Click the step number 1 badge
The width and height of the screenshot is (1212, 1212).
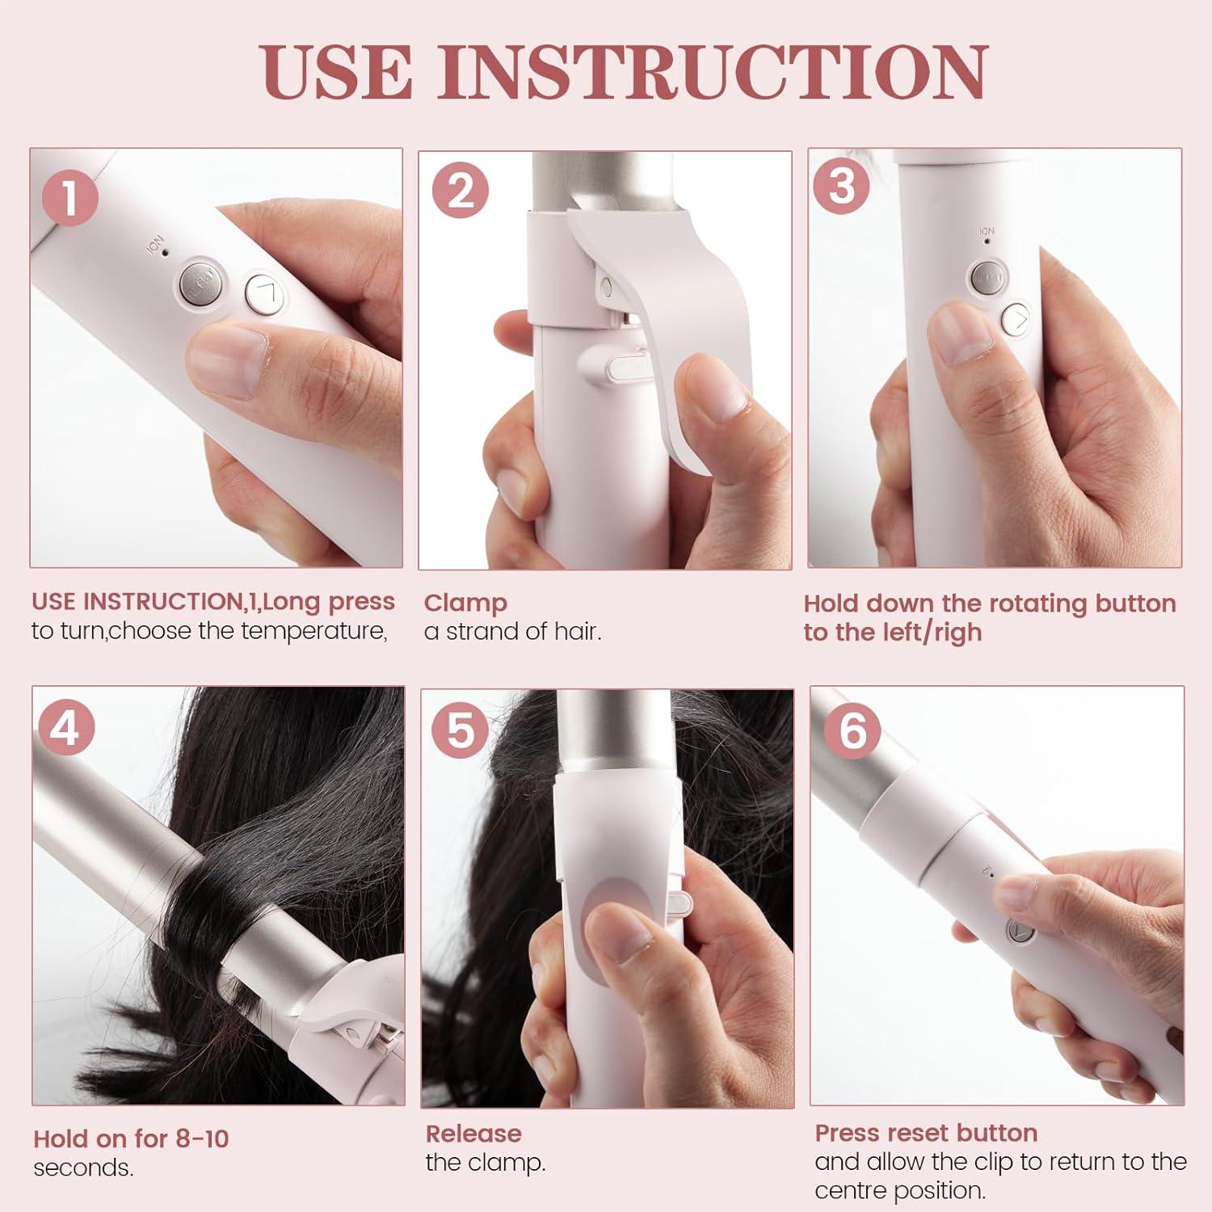tap(71, 197)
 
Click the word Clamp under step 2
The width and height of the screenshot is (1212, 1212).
tap(465, 604)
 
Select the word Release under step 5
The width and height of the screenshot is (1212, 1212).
tap(473, 1134)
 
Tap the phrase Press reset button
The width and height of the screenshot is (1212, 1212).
tap(926, 1133)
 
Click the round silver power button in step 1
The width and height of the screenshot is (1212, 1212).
tap(200, 282)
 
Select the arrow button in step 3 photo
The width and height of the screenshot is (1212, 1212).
tap(1016, 320)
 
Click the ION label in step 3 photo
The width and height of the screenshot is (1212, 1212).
tap(987, 232)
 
